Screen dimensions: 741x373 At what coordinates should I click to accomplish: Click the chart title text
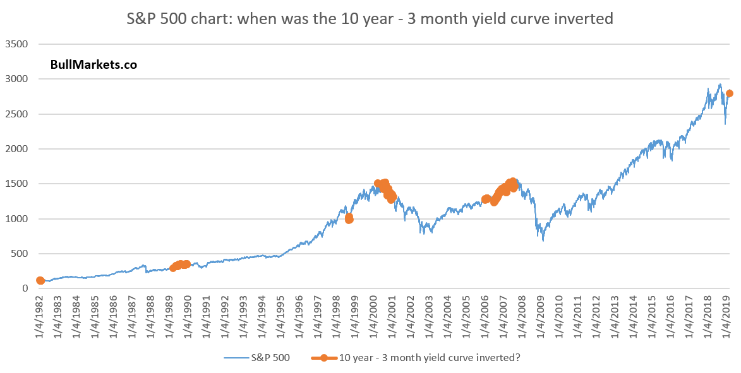(370, 18)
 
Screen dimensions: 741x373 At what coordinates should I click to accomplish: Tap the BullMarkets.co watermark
(93, 64)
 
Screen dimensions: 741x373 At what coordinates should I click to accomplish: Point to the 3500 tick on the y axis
(16, 44)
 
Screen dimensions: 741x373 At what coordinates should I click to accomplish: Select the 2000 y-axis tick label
(16, 149)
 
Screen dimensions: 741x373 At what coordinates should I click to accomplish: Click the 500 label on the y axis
(20, 254)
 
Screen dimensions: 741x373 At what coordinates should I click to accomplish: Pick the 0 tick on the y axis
(25, 288)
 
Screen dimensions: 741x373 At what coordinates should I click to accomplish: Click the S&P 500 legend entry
(257, 357)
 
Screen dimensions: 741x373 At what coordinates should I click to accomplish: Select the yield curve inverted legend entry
(416, 357)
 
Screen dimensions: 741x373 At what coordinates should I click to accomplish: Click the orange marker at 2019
(729, 93)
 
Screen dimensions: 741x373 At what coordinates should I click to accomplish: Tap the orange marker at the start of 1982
(40, 280)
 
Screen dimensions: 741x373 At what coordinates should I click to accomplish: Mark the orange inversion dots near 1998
(349, 218)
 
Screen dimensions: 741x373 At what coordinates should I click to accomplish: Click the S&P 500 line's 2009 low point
(543, 241)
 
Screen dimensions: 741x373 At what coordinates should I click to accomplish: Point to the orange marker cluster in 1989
(180, 265)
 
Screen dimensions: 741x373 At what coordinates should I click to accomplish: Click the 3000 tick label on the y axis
(16, 79)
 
